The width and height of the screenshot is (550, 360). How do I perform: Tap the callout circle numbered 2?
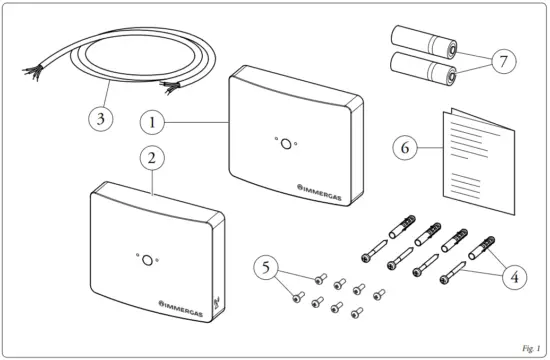149,159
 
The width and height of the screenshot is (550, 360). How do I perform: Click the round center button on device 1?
285,143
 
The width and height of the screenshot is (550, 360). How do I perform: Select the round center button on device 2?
147,260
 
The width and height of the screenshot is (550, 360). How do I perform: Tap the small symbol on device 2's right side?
218,297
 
